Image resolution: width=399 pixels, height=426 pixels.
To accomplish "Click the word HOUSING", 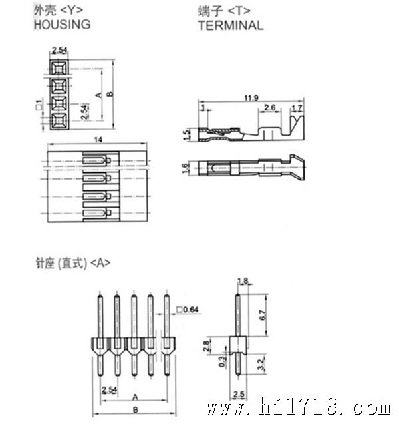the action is pyautogui.click(x=62, y=25).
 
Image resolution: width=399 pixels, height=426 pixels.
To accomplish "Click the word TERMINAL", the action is pyautogui.click(x=231, y=25).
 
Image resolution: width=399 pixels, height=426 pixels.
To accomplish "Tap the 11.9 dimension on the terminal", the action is pyautogui.click(x=251, y=98).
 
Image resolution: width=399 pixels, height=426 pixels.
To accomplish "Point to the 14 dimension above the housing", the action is pyautogui.click(x=98, y=140).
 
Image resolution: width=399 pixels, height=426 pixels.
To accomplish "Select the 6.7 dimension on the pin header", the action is pyautogui.click(x=263, y=315).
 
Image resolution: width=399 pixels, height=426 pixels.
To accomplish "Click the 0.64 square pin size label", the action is pyautogui.click(x=188, y=310).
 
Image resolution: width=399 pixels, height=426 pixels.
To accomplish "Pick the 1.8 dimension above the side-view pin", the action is pyautogui.click(x=243, y=281).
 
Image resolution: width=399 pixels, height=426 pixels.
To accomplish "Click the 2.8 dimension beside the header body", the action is pyautogui.click(x=207, y=346).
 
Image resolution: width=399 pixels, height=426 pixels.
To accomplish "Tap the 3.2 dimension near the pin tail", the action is pyautogui.click(x=261, y=365).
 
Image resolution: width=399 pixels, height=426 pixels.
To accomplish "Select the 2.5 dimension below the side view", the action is pyautogui.click(x=239, y=394).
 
